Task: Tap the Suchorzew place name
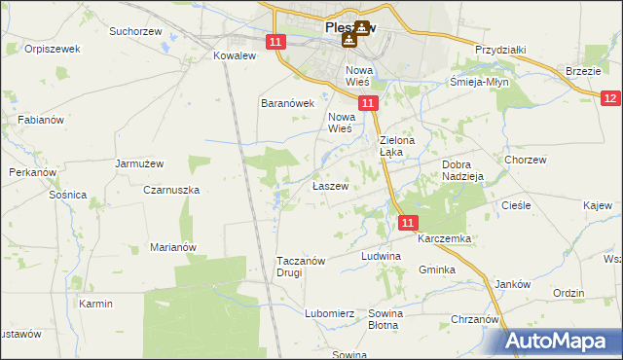tap(134, 31)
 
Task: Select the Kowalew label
tap(234, 55)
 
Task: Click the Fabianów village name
tap(40, 120)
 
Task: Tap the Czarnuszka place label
tap(171, 191)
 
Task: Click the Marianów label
tap(173, 247)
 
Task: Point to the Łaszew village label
tap(330, 186)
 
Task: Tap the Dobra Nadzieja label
tap(462, 171)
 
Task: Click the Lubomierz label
tap(329, 313)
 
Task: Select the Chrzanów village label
tap(475, 319)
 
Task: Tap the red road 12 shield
tap(610, 98)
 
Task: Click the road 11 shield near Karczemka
tap(409, 223)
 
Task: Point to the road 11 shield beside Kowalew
tap(275, 42)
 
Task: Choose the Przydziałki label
tap(500, 49)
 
